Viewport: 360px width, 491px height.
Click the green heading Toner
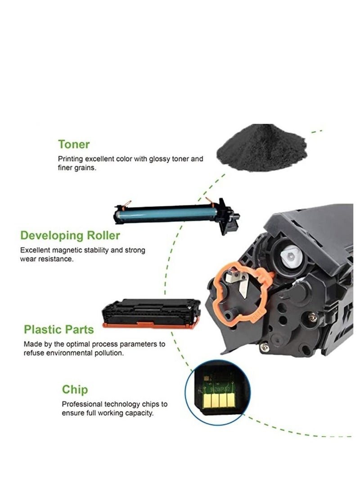point(74,144)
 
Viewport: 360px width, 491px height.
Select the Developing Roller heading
point(71,235)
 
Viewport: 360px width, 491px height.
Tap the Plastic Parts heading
point(59,329)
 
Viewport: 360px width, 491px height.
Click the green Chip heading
point(75,389)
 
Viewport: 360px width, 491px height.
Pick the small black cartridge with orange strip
point(151,312)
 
